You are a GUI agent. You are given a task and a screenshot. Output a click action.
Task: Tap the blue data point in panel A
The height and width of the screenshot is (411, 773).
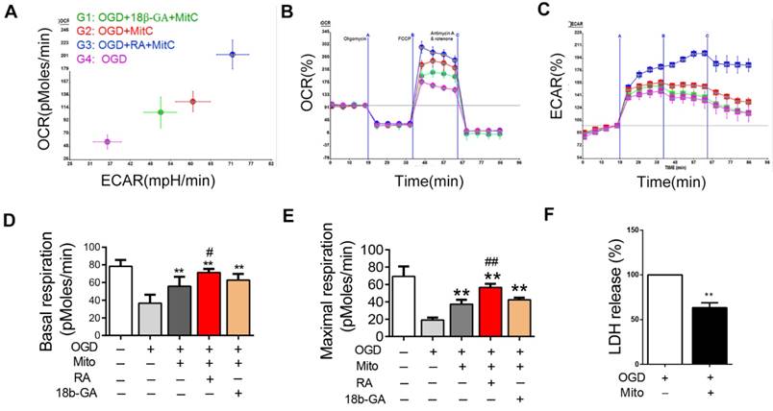[232, 55]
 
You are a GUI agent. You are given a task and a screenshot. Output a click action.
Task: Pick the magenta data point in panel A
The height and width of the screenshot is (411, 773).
[107, 141]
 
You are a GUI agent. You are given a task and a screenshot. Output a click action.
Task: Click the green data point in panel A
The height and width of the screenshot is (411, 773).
[161, 112]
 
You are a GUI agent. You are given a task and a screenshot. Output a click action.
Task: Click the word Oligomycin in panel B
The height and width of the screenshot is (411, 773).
[355, 39]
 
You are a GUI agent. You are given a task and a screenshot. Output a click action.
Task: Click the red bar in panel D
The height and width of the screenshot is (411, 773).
[202, 302]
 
